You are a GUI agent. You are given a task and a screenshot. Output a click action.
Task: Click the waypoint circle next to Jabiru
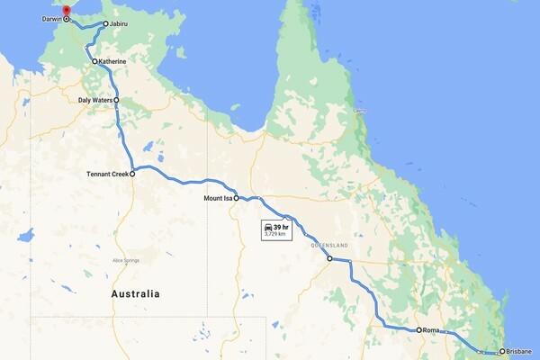pyautogui.click(x=106, y=24)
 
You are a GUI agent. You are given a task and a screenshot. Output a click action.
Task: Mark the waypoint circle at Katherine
pyautogui.click(x=94, y=61)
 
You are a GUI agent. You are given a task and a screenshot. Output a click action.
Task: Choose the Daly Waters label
pyautogui.click(x=94, y=101)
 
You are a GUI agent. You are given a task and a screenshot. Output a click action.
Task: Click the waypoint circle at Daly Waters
pyautogui.click(x=116, y=101)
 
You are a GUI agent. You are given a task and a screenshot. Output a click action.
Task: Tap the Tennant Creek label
pyautogui.click(x=108, y=175)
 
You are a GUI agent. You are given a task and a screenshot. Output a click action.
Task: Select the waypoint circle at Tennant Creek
pyautogui.click(x=132, y=175)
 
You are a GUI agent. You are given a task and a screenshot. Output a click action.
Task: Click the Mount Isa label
pyautogui.click(x=218, y=198)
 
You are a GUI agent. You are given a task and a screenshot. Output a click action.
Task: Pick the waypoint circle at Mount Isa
pyautogui.click(x=237, y=198)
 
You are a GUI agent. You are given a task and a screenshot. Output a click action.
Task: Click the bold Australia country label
pyautogui.click(x=135, y=294)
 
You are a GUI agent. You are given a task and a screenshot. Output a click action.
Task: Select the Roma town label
pyautogui.click(x=433, y=330)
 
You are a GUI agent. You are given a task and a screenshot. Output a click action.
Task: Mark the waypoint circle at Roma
pyautogui.click(x=419, y=330)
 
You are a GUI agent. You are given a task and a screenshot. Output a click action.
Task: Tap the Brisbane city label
pyautogui.click(x=519, y=351)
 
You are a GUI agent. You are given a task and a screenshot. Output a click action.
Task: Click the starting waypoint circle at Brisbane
pyautogui.click(x=502, y=351)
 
